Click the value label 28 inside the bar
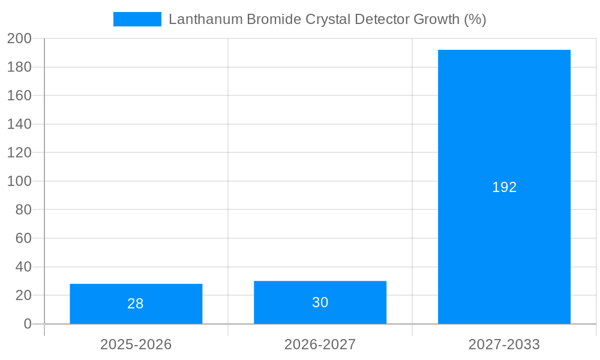136,304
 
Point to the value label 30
320,302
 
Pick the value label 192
504,187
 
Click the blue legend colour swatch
137,19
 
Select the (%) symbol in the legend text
475,19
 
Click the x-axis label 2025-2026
136,344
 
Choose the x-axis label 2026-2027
320,344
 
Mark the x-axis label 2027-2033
504,344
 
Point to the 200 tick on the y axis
19,38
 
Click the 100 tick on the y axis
19,181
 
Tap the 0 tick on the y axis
27,324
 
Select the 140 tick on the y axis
19,124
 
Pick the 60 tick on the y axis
23,238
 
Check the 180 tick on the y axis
19,67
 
